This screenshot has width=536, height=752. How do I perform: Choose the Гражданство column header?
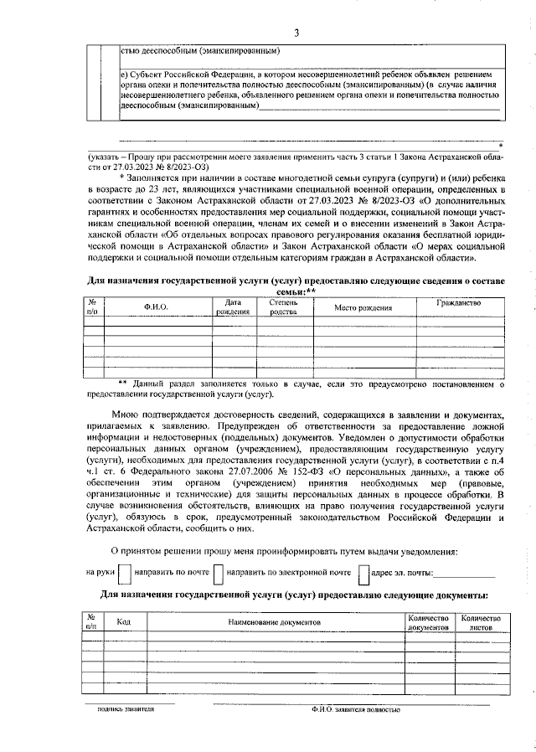[459, 303]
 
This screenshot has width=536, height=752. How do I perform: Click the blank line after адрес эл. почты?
[465, 576]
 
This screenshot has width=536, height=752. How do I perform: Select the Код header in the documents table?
[123, 622]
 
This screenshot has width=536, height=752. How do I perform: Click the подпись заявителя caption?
[126, 708]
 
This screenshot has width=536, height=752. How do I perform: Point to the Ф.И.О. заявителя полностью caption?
[353, 709]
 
